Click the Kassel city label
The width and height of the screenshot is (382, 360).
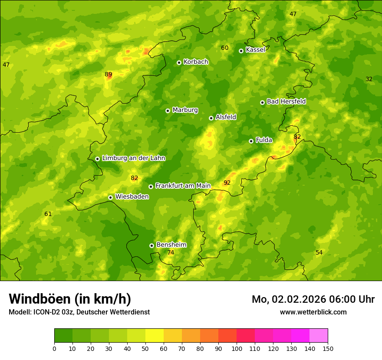pos(255,50)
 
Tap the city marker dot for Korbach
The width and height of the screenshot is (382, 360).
pos(179,62)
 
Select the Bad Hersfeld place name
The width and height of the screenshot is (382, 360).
pos(286,101)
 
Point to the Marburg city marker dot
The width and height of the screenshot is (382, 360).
pos(168,111)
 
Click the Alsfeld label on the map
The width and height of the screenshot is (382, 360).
pos(226,117)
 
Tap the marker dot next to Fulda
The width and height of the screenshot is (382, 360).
pos(251,141)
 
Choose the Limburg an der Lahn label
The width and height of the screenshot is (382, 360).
pos(134,158)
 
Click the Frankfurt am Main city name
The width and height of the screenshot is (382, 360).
pos(183,186)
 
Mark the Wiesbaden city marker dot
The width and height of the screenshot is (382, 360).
pos(110,197)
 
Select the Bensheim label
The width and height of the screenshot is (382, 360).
pos(171,245)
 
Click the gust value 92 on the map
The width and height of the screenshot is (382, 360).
pos(227,183)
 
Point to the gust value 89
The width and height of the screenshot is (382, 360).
pos(109,75)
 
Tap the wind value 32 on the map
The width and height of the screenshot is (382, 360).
pos(369,79)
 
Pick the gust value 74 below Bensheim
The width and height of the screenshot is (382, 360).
pos(171,252)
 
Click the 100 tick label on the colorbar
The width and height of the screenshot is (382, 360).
pos(237,348)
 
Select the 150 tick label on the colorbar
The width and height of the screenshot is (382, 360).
pos(328,348)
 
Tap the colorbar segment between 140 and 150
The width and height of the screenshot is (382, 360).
pos(319,336)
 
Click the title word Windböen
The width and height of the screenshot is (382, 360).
pos(40,299)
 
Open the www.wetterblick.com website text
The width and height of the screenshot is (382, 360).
pos(313,312)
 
